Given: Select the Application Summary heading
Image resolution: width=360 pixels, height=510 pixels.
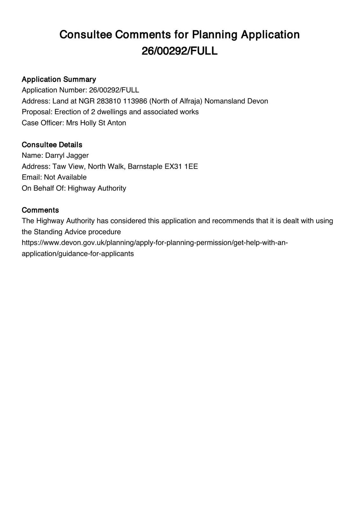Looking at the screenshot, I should pos(59,79).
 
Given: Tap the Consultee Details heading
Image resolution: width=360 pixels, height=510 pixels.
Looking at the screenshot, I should pos(52,145).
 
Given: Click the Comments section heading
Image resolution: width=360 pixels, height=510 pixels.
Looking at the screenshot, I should pos(40,210).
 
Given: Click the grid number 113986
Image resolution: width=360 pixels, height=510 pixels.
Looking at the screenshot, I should pos(135,101).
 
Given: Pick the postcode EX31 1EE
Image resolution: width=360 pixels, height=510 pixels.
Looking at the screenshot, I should pos(181,166).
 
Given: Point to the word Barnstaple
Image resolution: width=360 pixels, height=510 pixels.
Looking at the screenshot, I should pos(145,166).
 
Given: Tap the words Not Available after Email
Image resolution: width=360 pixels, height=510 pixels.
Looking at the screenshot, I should pos(65,177).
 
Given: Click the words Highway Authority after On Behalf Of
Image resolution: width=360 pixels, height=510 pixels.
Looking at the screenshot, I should pos(97,188).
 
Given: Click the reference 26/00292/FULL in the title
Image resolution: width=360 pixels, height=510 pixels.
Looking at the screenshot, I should pos(179,51).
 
